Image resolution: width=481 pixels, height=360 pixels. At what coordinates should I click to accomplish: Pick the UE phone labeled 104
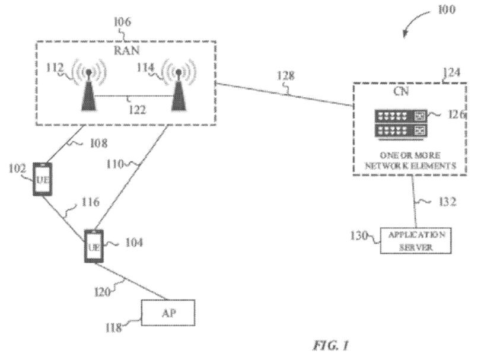click(x=93, y=246)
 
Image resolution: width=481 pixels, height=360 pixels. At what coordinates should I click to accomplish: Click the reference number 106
click(x=122, y=23)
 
